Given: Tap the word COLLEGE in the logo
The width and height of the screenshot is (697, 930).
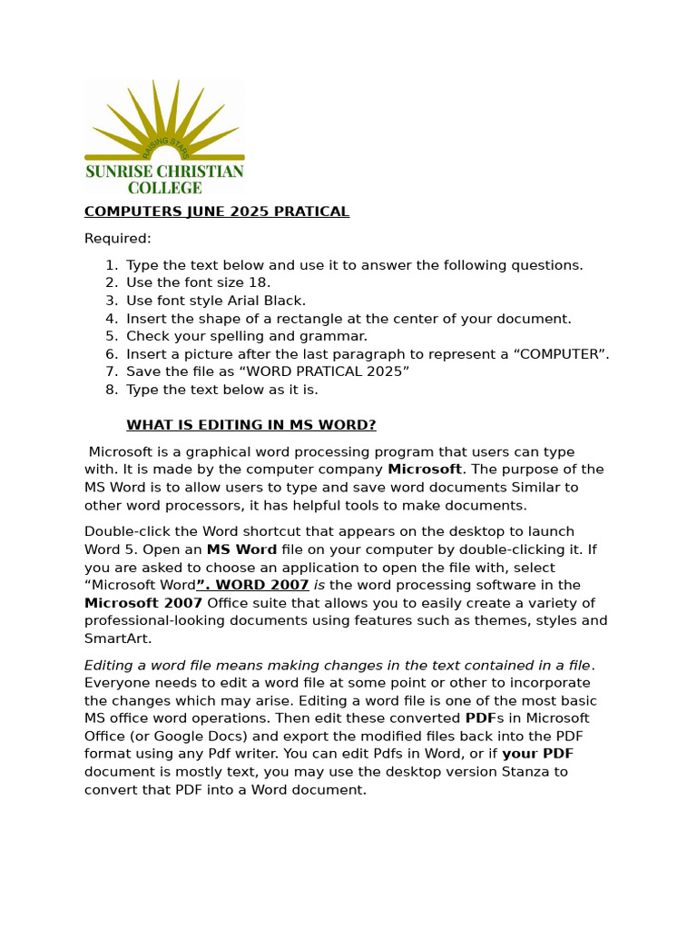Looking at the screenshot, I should click(x=164, y=188).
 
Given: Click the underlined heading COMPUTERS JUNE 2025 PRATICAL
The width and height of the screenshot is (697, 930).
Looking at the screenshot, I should click(x=216, y=212).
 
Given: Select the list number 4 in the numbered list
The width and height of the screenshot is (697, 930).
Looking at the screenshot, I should click(x=111, y=319).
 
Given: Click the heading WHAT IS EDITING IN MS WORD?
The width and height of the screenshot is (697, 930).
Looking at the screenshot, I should click(x=250, y=425).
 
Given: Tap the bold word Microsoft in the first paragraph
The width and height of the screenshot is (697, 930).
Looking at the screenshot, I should click(x=424, y=470).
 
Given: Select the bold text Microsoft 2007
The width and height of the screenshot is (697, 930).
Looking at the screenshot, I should click(x=143, y=603).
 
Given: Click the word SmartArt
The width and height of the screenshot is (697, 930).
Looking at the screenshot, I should click(x=117, y=638).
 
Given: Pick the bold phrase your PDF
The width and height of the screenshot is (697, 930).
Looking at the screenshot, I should click(x=537, y=754).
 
